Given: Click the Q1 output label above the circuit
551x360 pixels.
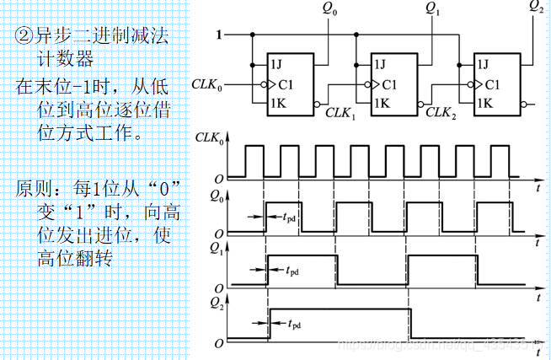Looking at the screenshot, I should (x=432, y=10).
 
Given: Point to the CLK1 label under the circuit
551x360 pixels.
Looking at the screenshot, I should (x=340, y=113).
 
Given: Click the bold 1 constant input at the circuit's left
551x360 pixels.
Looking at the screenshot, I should (x=220, y=35).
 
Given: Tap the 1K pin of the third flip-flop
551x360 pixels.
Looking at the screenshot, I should (x=484, y=104).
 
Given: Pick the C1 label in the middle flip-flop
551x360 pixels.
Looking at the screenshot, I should (x=388, y=84).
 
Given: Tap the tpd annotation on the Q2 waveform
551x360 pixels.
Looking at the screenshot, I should (x=295, y=324).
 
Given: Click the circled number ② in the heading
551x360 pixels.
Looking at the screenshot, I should (x=23, y=38).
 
